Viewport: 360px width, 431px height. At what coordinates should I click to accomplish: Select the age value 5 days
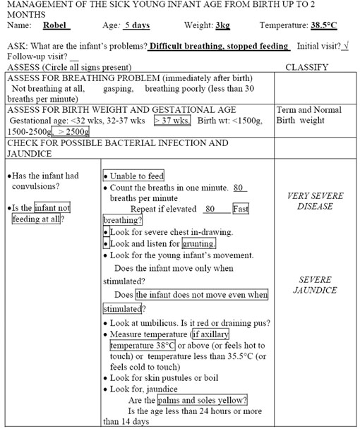click(x=140, y=25)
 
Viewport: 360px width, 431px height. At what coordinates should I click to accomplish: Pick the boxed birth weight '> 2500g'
click(x=74, y=131)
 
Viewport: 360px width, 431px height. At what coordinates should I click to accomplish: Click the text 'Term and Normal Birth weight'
click(x=308, y=115)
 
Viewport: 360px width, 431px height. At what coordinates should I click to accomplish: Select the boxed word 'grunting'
click(x=198, y=244)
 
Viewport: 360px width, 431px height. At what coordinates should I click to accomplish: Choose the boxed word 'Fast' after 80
click(x=240, y=209)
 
